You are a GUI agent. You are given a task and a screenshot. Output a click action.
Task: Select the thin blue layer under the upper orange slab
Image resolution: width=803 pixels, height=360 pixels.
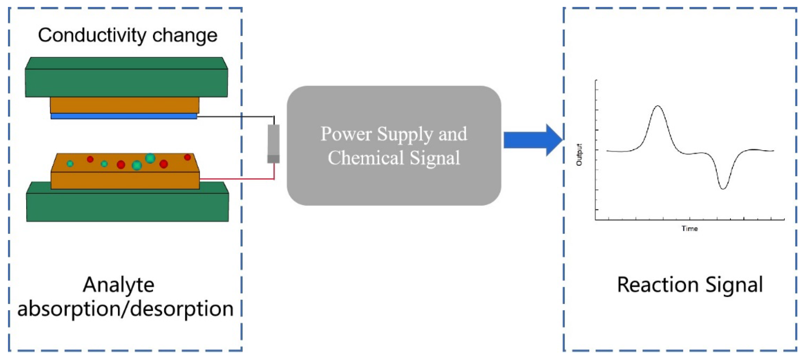point(124,116)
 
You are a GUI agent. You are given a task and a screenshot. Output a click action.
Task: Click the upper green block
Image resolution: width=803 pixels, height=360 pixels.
point(126,83)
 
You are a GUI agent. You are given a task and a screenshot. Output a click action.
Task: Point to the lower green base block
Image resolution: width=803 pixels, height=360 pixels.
point(127,207)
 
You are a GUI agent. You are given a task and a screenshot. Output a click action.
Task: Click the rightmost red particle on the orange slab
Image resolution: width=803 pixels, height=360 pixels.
point(187,157)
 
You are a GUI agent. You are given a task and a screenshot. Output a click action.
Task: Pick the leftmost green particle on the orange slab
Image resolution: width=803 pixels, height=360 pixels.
point(70,163)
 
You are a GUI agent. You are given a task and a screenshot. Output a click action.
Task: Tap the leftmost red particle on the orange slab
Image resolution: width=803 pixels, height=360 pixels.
point(90,159)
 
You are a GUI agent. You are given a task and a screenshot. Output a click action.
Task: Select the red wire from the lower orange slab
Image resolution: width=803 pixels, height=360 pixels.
point(237,179)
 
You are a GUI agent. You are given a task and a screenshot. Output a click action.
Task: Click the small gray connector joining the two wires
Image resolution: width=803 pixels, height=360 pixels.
point(273,143)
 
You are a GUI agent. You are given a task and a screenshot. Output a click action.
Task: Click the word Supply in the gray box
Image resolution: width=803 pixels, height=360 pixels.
point(405,134)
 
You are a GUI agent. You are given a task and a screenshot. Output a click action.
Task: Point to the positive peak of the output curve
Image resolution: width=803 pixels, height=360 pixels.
point(658,107)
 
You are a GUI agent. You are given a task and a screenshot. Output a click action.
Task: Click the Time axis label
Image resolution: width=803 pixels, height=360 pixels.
point(689,229)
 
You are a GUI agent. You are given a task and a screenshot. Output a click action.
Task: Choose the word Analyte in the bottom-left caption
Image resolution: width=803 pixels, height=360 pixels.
point(118,285)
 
